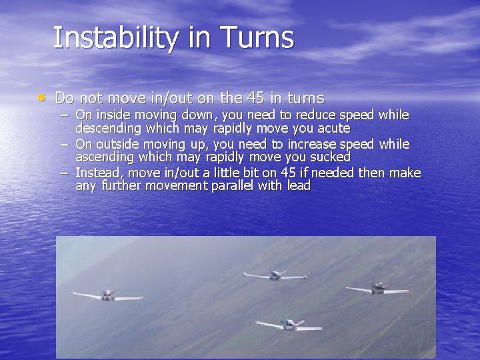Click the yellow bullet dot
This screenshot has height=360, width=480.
click(42, 98)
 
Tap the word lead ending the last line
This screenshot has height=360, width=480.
click(299, 186)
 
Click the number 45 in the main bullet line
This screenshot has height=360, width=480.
click(255, 99)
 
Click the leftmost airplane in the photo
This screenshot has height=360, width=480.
click(107, 295)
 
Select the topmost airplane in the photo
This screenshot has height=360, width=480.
click(275, 275)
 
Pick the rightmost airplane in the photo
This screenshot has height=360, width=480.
click(377, 288)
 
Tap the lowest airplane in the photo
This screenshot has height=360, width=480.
click(289, 325)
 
